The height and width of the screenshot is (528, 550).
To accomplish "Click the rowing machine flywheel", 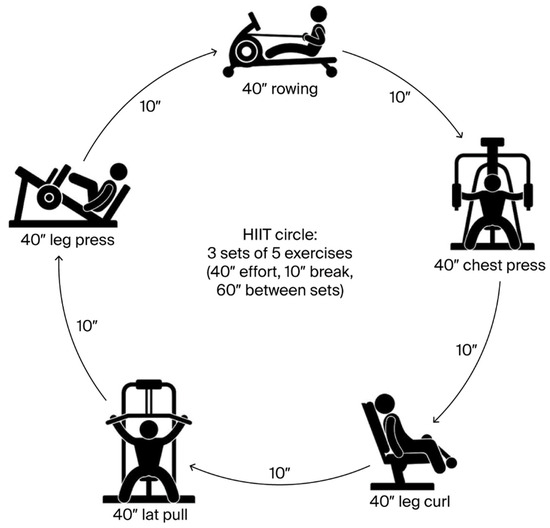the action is (245, 52).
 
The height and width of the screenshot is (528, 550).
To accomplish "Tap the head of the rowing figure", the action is (319, 14).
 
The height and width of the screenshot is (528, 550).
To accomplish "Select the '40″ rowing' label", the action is (280, 89).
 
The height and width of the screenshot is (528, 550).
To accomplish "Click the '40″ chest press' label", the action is (490, 266).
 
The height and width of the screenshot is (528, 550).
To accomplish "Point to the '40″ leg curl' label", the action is (410, 501).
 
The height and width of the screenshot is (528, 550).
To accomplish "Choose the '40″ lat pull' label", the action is (150, 515).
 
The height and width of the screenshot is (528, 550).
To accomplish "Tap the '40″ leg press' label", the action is (68, 240).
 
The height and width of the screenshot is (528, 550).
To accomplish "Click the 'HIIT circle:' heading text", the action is (280, 235).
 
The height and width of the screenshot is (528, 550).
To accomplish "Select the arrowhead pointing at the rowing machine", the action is (213, 53).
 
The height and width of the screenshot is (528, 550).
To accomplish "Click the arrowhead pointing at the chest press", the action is (460, 134).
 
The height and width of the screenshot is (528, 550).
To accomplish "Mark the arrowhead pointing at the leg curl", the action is (437, 419).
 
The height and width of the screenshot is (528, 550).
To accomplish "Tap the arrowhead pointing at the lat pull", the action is (193, 467).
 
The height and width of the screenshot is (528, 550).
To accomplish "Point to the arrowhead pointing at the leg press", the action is (60, 259).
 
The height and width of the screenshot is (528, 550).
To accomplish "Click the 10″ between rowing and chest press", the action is (400, 98).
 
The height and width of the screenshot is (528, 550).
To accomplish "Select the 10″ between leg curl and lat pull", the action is (280, 473).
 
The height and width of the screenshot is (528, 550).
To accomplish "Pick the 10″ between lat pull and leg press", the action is (87, 326).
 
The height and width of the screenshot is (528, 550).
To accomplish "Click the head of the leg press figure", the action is (119, 172).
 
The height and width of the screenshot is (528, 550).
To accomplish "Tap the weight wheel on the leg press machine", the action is (49, 198).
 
